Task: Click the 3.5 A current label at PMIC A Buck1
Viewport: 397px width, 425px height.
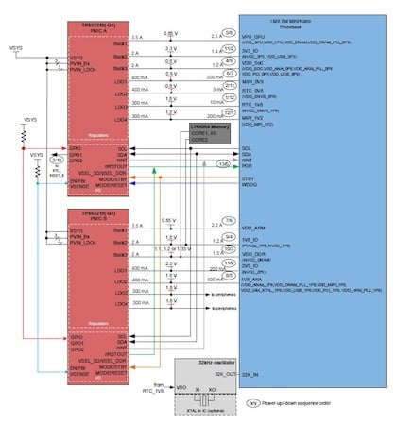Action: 137,37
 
